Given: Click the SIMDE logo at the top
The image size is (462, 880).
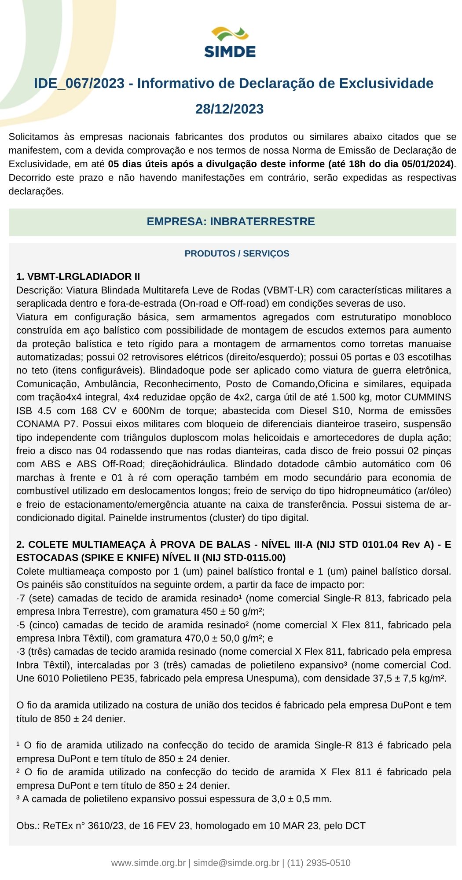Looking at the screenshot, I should pyautogui.click(x=230, y=42).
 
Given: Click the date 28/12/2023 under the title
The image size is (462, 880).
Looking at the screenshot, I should pyautogui.click(x=230, y=109).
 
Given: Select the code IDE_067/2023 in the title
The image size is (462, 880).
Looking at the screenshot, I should pyautogui.click(x=79, y=84).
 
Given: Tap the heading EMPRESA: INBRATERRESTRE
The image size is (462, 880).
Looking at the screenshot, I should pyautogui.click(x=231, y=221).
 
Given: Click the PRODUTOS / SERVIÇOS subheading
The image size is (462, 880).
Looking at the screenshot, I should pyautogui.click(x=237, y=253).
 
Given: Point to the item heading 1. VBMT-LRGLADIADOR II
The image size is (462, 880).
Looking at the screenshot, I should pyautogui.click(x=78, y=277).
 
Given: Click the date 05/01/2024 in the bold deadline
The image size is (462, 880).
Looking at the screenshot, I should pyautogui.click(x=427, y=164).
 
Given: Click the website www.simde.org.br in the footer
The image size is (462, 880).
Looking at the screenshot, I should pyautogui.click(x=148, y=863).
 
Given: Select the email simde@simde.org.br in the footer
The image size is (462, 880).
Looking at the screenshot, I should pyautogui.click(x=236, y=863).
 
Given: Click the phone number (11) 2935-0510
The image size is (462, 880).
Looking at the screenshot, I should pyautogui.click(x=319, y=863).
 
